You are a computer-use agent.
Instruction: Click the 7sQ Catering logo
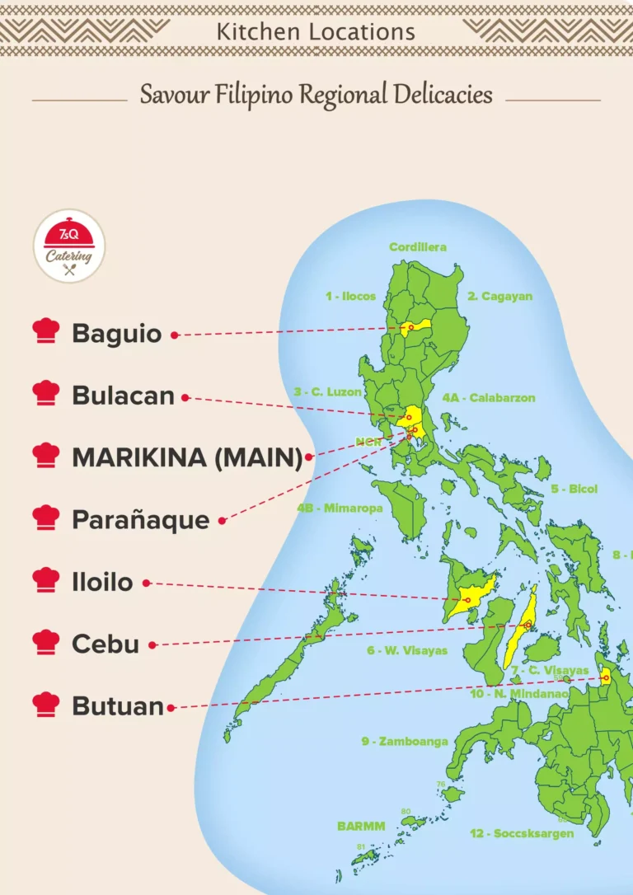click(x=69, y=246)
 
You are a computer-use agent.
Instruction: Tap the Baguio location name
click(x=117, y=334)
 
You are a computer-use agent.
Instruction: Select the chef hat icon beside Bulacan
click(x=46, y=393)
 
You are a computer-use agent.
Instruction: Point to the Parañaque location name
click(x=140, y=520)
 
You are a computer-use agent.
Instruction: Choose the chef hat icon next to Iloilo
click(x=46, y=579)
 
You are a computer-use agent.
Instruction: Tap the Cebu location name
click(x=105, y=644)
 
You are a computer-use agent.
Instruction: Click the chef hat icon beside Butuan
click(x=46, y=705)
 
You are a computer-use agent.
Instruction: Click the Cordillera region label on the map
click(x=418, y=247)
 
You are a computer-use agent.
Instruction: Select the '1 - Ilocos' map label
click(x=350, y=296)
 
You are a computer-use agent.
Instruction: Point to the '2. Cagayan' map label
click(x=500, y=296)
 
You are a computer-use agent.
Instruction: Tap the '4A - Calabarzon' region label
click(x=489, y=398)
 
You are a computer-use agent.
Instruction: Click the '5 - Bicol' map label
click(x=574, y=489)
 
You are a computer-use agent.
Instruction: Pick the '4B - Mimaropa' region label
click(x=340, y=508)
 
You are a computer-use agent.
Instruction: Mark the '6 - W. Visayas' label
click(x=407, y=650)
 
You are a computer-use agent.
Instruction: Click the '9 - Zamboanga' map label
click(x=404, y=741)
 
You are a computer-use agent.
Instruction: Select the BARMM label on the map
click(x=361, y=825)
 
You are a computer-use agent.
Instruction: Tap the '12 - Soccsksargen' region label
click(x=522, y=833)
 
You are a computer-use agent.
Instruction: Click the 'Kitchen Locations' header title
click(x=316, y=32)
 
